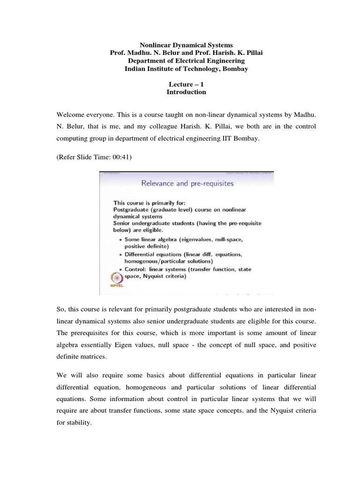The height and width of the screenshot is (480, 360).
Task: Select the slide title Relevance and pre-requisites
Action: [x=187, y=184]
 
